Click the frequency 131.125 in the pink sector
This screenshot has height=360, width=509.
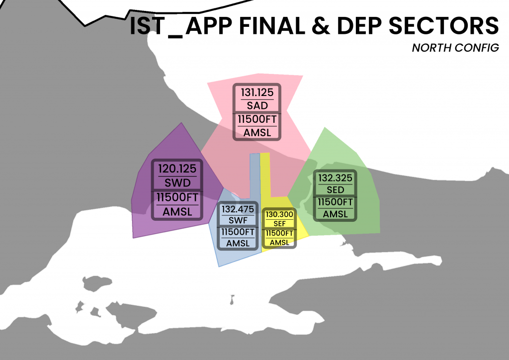(x=257, y=92)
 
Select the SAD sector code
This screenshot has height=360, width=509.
(x=257, y=105)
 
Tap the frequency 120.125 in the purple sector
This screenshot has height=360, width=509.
(x=177, y=169)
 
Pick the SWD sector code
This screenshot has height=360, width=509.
(x=177, y=181)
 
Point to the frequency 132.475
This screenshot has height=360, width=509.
(x=238, y=209)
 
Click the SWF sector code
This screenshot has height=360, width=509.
(x=238, y=220)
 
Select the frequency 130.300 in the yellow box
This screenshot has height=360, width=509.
(x=279, y=214)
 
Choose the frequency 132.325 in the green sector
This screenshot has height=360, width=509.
(x=335, y=178)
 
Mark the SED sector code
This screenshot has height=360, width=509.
(x=335, y=190)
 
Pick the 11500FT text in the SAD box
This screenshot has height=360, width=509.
(x=257, y=120)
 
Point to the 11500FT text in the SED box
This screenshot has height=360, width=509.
(x=335, y=202)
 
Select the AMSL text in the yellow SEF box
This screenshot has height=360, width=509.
(x=279, y=242)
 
